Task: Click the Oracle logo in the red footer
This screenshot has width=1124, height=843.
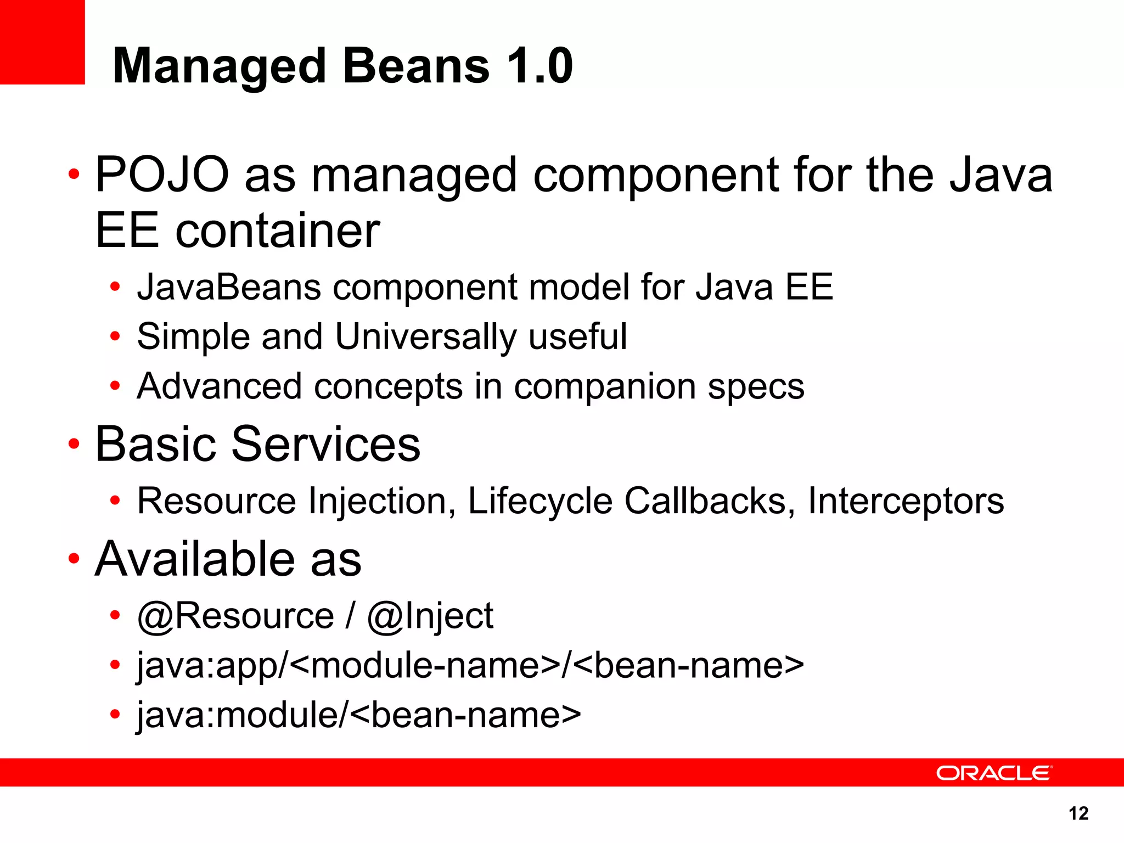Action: click(993, 773)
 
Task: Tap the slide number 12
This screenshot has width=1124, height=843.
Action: click(1078, 813)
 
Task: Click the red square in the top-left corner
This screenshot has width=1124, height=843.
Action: click(42, 42)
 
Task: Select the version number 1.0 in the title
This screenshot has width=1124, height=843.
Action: click(540, 66)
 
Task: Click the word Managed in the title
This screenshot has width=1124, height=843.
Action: click(220, 67)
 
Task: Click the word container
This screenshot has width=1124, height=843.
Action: click(278, 231)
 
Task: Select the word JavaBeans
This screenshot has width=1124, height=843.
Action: click(229, 287)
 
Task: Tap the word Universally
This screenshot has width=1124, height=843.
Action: click(426, 336)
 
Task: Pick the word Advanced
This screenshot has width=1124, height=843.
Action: click(219, 386)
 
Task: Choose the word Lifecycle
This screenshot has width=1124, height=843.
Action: click(539, 501)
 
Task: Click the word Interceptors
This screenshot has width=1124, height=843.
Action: click(906, 501)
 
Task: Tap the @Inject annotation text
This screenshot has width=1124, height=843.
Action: click(430, 616)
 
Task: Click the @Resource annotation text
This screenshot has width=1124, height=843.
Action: click(235, 616)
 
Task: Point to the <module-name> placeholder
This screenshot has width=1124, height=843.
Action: click(425, 665)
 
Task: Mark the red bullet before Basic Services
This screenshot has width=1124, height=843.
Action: click(74, 443)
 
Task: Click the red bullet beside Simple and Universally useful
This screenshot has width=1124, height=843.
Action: click(115, 336)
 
